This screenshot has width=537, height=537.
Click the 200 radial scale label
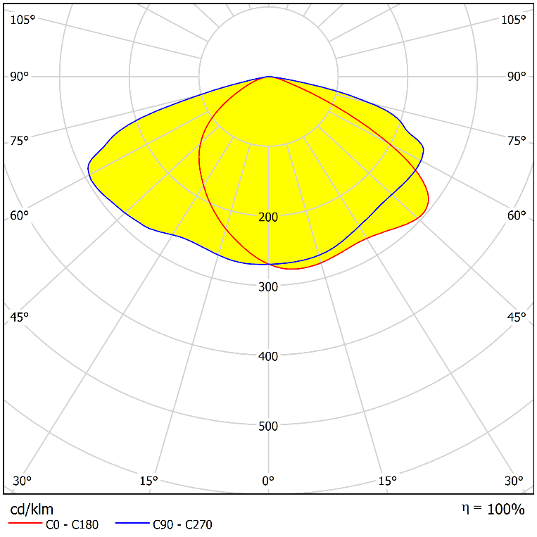tap(268, 217)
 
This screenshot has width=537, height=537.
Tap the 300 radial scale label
tap(268, 286)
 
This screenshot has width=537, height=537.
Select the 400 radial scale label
tap(268, 356)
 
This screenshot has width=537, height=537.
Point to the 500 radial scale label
tap(268, 426)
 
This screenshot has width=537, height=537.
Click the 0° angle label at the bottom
tap(268, 481)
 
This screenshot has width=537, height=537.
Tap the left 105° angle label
tap(22, 20)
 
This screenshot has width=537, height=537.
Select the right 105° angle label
tap(513, 20)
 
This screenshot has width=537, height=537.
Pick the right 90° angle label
tap(516, 76)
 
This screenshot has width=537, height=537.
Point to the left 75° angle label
tap(20, 141)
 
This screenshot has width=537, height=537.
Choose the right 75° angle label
tap(516, 141)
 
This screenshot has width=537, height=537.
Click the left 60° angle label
tap(20, 215)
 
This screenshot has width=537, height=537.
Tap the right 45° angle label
tap(516, 317)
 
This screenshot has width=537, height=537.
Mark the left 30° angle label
tap(22, 481)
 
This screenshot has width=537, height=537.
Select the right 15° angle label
tap(388, 481)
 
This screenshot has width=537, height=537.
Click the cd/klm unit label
tap(32, 509)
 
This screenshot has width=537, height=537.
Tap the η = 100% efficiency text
tap(493, 509)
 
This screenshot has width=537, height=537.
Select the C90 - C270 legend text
tap(182, 524)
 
